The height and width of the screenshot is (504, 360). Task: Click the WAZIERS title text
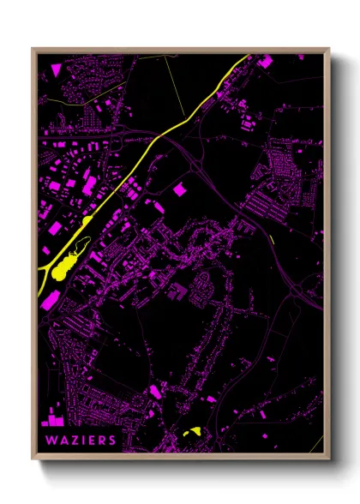pyautogui.click(x=78, y=440)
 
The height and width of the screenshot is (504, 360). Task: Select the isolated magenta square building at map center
pyautogui.click(x=180, y=189)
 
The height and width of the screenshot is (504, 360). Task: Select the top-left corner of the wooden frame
pyautogui.click(x=33, y=49)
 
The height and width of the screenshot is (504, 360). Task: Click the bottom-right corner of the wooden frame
pyautogui.click(x=328, y=459)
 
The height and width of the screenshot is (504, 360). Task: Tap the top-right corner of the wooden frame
pyautogui.click(x=328, y=49)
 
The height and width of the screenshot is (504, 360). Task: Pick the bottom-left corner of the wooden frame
pyautogui.click(x=33, y=459)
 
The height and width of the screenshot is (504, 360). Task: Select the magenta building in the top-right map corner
pyautogui.click(x=265, y=61)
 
